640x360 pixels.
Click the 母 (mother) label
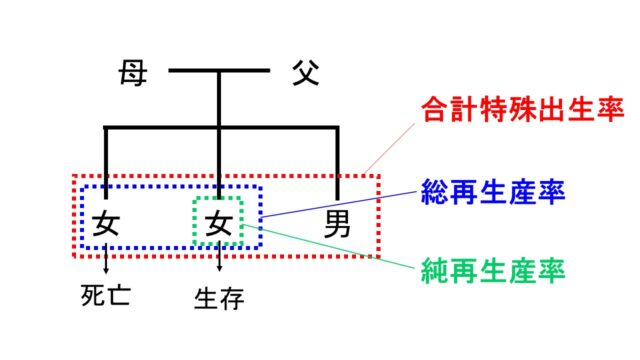(x=132, y=73)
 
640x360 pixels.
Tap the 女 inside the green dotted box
(x=218, y=224)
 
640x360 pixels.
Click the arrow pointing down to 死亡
(x=106, y=261)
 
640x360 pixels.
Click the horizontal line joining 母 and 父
(x=219, y=71)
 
